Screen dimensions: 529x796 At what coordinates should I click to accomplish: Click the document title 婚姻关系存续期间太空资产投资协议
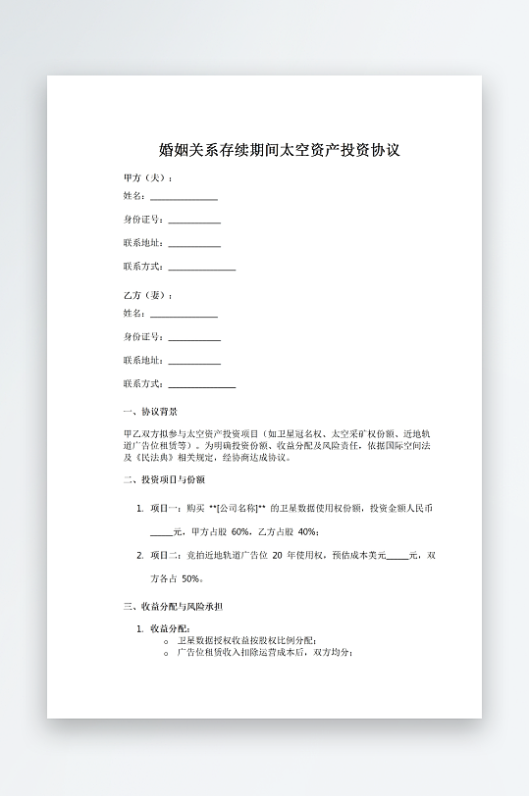pos(279,151)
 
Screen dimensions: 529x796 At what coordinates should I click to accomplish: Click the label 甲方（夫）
pos(146,177)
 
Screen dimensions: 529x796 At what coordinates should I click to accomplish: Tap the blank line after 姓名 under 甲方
pos(184,198)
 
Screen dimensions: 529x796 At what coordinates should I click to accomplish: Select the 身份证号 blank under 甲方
pos(194,222)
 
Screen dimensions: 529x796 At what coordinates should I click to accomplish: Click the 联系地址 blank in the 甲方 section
pos(194,245)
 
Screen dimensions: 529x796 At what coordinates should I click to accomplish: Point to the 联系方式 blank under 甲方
pos(202,268)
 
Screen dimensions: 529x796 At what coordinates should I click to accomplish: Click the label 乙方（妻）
pos(146,295)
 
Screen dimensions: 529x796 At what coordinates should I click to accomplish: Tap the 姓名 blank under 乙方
pos(184,316)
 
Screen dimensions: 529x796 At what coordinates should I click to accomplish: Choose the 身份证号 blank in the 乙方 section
pos(194,339)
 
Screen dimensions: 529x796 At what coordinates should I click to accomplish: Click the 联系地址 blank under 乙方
pos(194,363)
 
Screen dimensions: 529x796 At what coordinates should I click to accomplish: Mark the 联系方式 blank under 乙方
pos(202,386)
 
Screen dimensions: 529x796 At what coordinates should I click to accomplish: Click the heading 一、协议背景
pos(150,412)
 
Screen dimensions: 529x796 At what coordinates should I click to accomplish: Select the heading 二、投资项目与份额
pos(164,479)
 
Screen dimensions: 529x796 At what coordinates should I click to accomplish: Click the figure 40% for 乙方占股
pos(307,531)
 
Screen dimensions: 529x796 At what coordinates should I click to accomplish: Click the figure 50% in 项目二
pos(191,578)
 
